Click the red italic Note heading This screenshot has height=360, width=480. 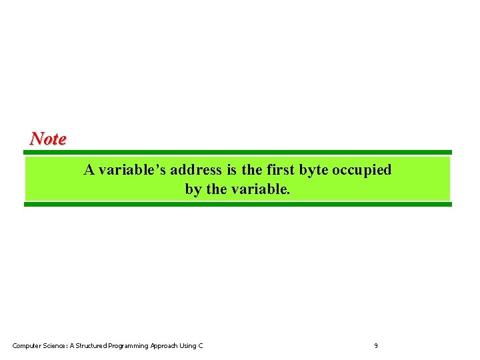point(48,139)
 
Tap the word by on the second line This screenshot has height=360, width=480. point(193,189)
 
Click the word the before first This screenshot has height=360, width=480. point(251,170)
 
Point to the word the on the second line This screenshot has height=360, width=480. point(217,189)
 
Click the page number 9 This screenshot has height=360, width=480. point(376,345)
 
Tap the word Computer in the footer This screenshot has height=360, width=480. point(27,345)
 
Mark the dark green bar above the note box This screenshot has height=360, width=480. point(238,152)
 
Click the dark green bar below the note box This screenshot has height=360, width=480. point(238,205)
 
